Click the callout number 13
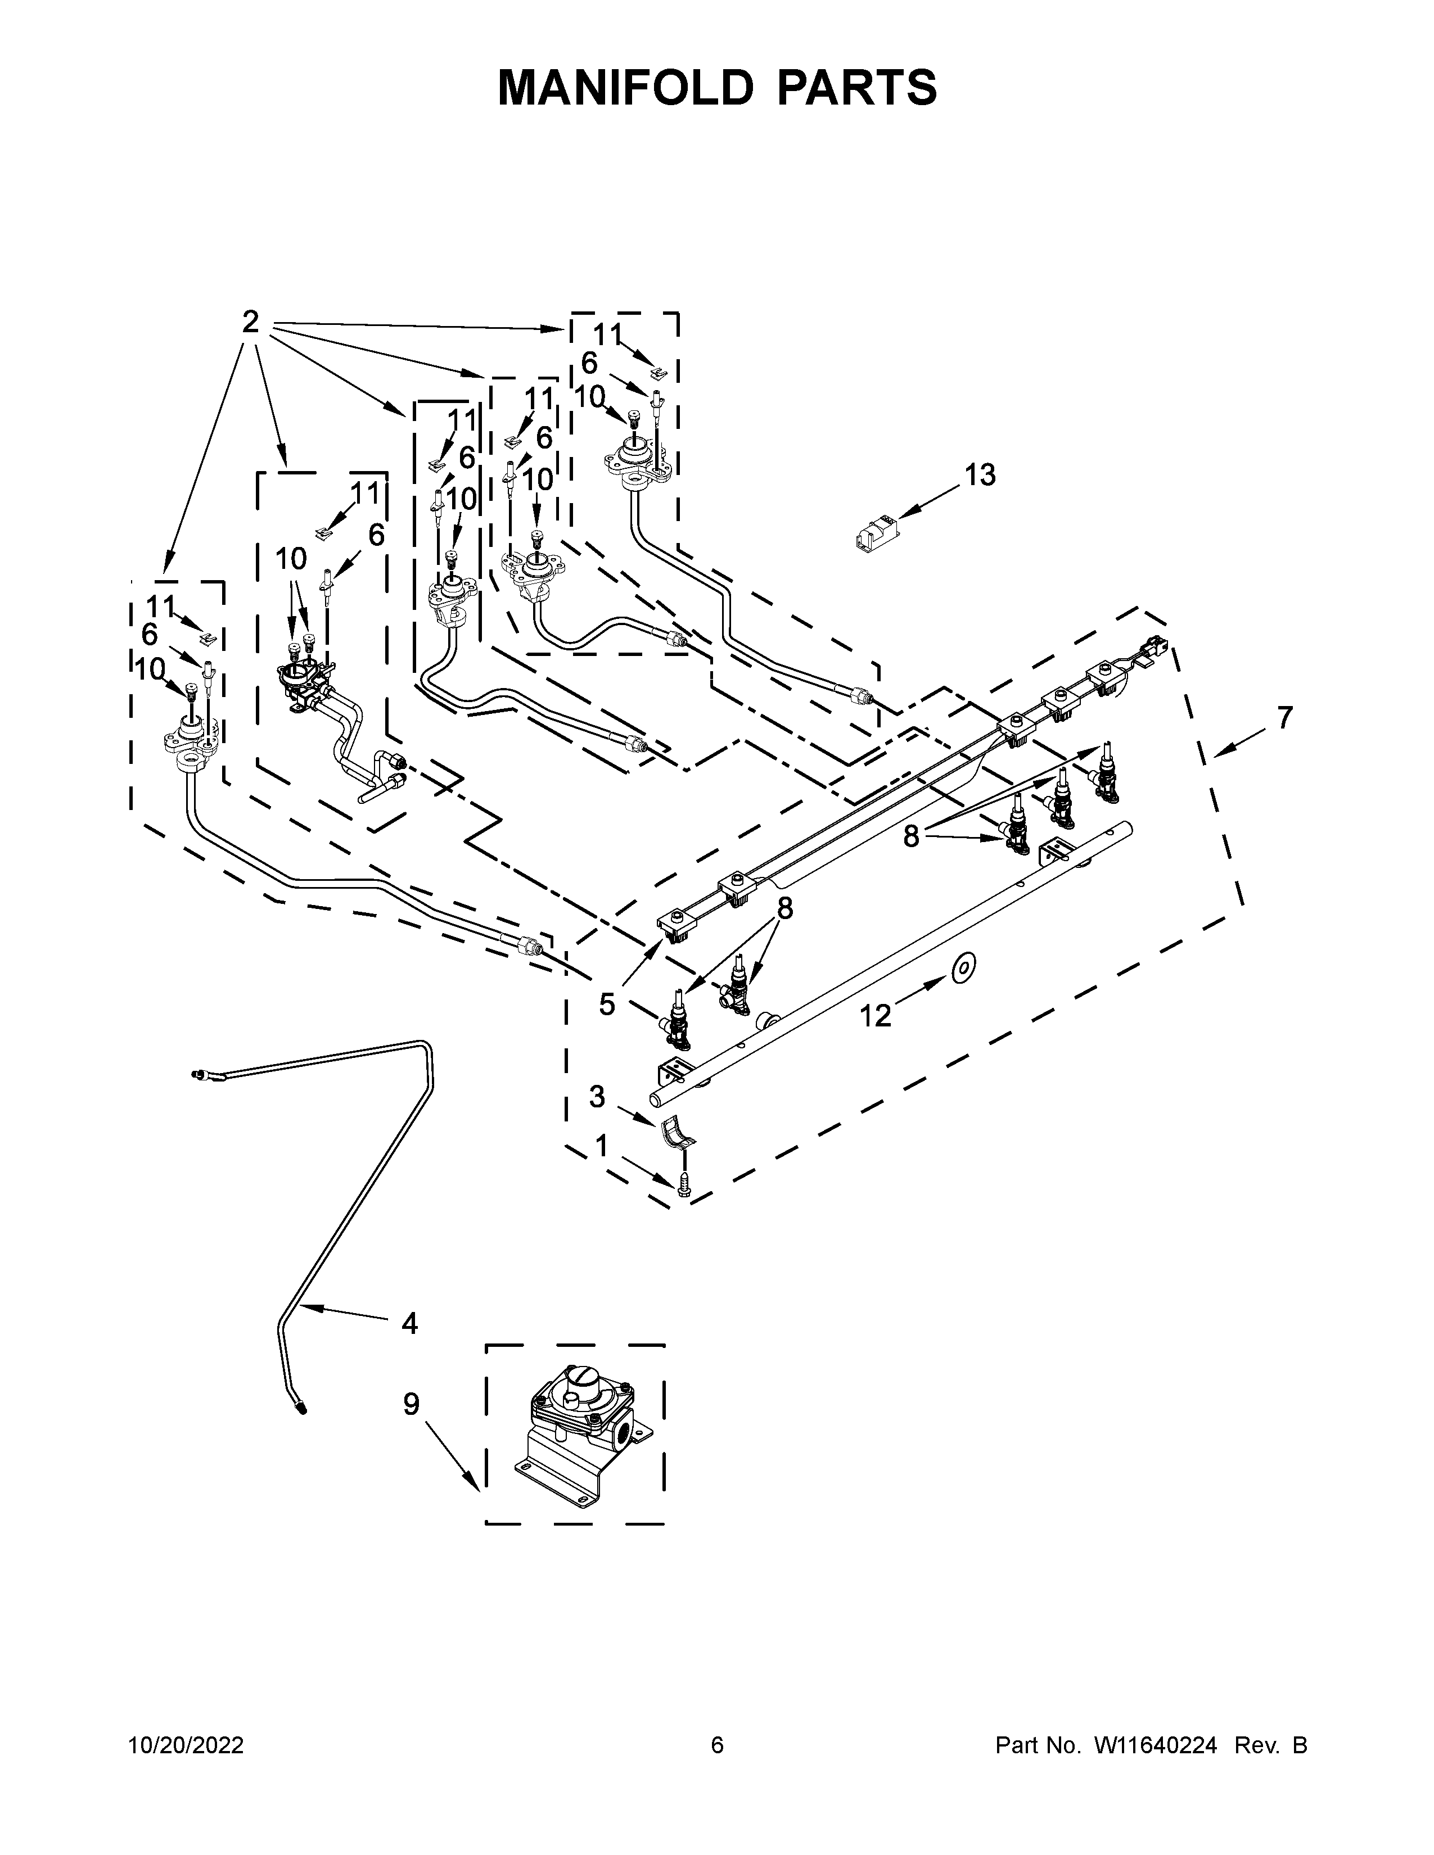[x=980, y=476]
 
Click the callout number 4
[x=409, y=1323]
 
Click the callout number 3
[x=597, y=1097]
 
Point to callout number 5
[x=607, y=1004]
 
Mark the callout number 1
[x=602, y=1147]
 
